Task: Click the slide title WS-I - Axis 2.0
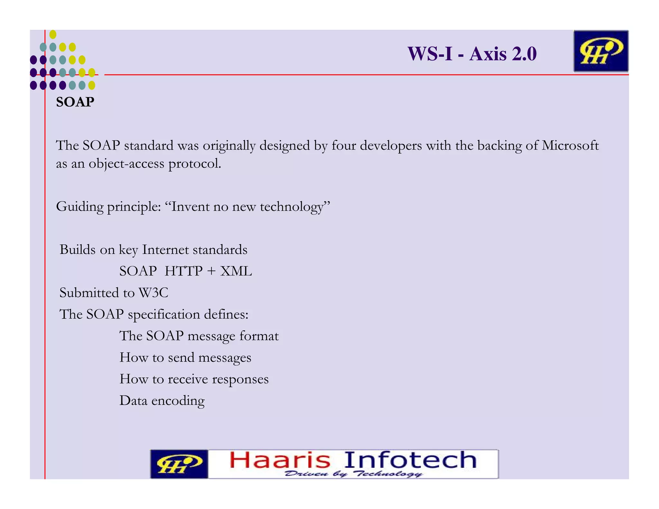point(472,54)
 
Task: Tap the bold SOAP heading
point(75,102)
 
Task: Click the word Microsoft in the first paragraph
point(570,145)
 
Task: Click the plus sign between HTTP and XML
point(211,271)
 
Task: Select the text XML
point(236,271)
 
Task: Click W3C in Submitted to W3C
point(153,293)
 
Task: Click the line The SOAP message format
point(199,336)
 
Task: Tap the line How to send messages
point(185,357)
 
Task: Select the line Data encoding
point(162,401)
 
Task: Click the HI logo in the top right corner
point(601,51)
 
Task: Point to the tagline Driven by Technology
point(353,474)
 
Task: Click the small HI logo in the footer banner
point(179,464)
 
